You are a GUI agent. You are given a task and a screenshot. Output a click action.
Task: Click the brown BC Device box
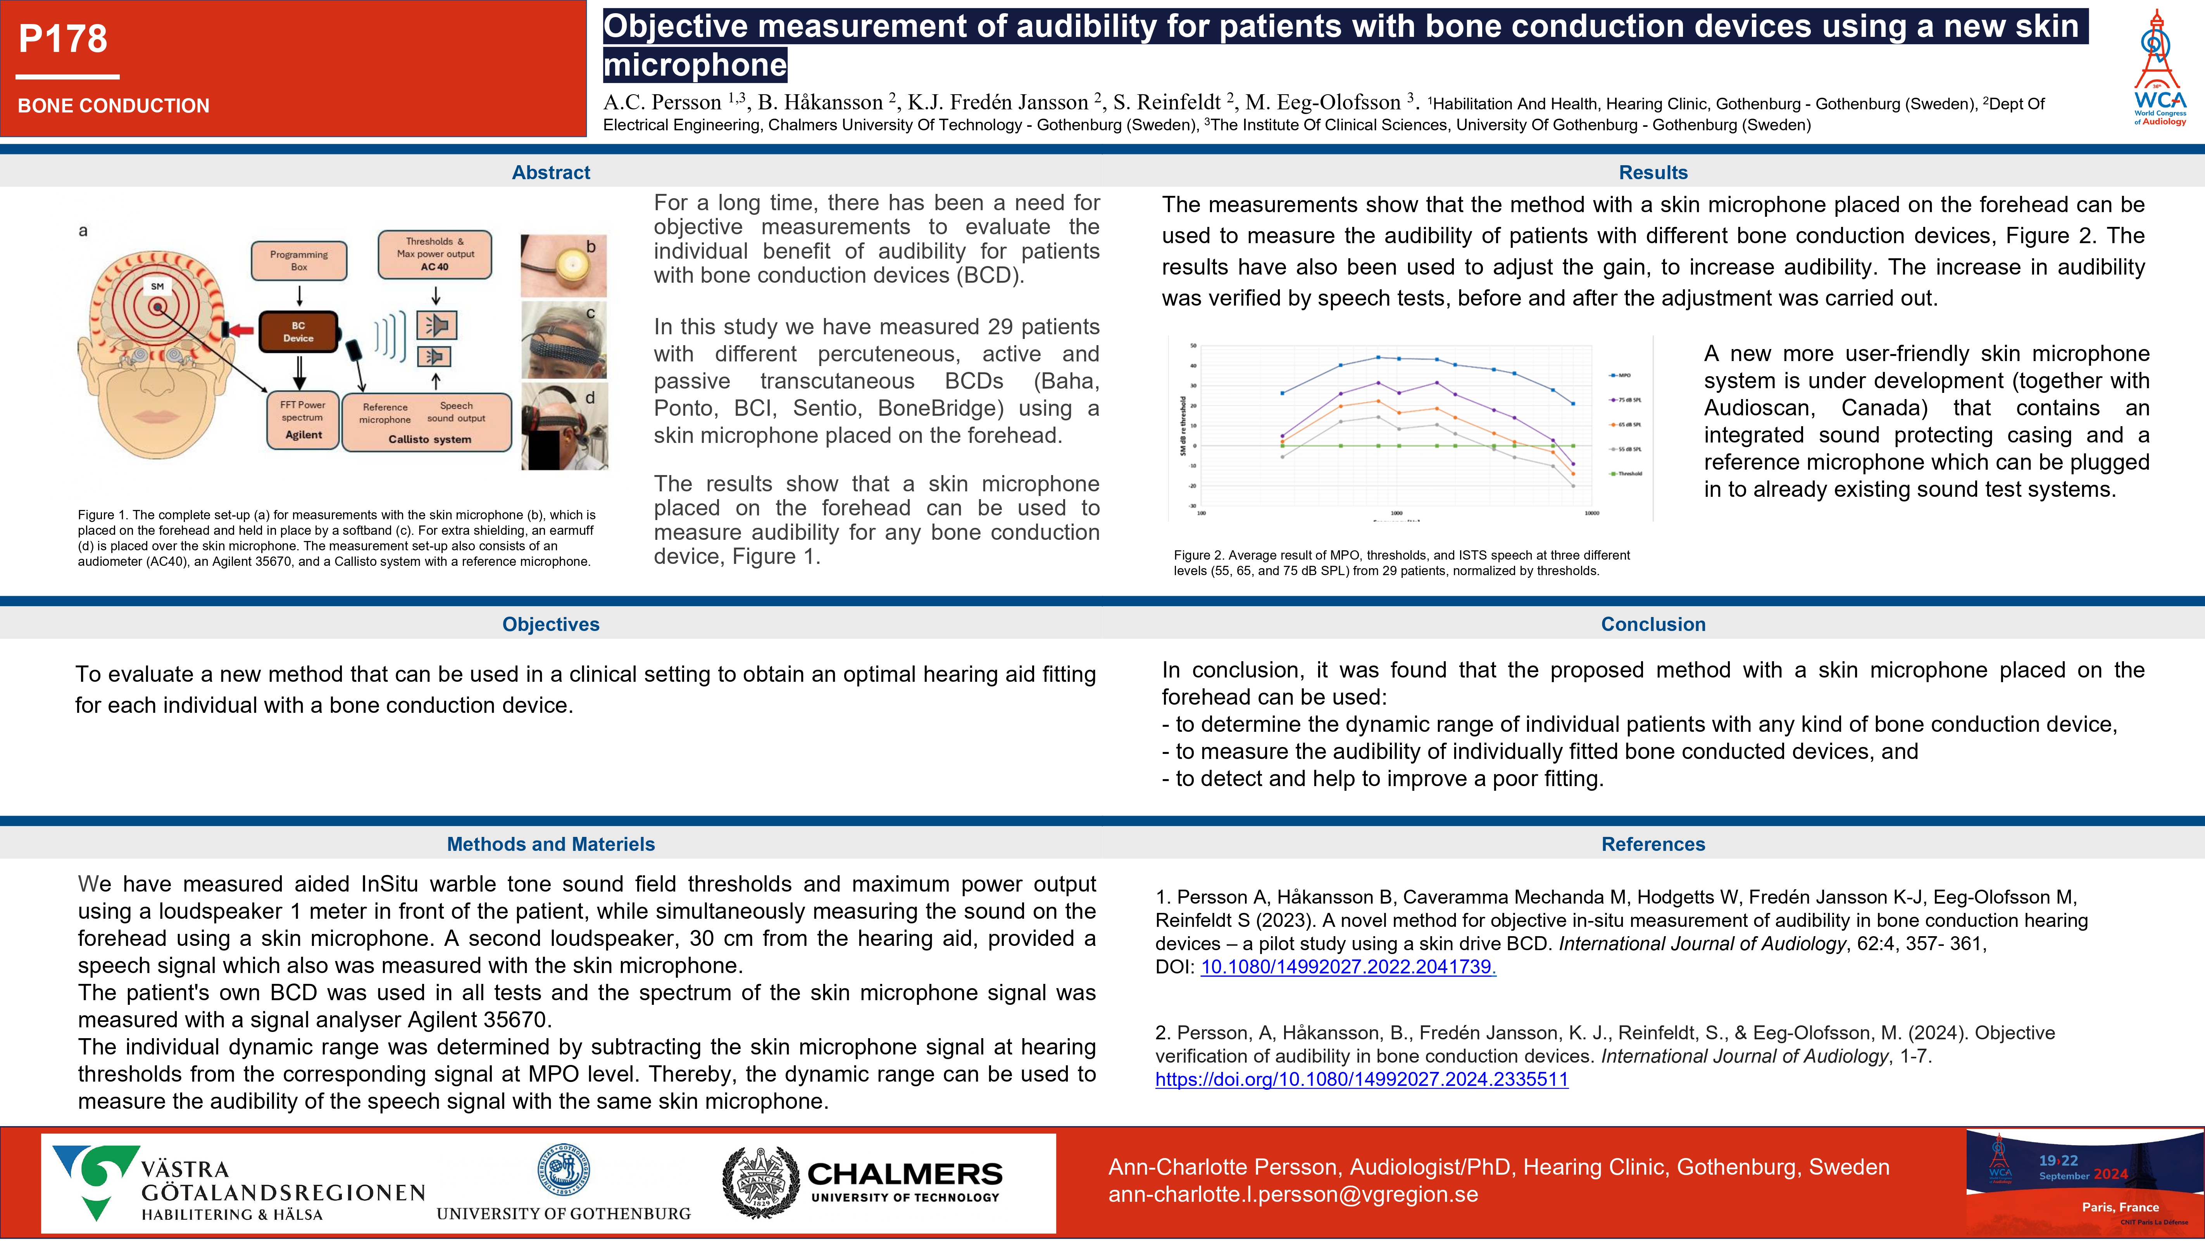(x=298, y=332)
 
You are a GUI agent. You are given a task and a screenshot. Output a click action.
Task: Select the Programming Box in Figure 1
(x=299, y=260)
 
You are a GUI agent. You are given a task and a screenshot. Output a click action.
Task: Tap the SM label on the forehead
(x=157, y=286)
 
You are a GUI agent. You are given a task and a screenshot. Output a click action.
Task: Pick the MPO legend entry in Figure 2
(x=1621, y=375)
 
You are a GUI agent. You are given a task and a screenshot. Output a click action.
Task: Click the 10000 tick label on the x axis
(x=1591, y=513)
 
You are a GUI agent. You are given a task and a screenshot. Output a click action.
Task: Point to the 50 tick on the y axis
(x=1193, y=346)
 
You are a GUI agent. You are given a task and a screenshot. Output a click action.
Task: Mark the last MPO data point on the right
(x=1572, y=403)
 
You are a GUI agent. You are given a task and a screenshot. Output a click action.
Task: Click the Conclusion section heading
(x=1653, y=624)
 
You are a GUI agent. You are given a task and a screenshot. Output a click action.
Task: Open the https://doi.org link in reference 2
(x=1361, y=1079)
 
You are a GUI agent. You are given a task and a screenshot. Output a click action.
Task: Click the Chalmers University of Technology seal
(x=760, y=1183)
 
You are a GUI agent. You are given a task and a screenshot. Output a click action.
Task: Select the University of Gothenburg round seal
(x=563, y=1169)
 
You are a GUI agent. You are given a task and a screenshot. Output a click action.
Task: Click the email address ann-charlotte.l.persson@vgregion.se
(x=1293, y=1195)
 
